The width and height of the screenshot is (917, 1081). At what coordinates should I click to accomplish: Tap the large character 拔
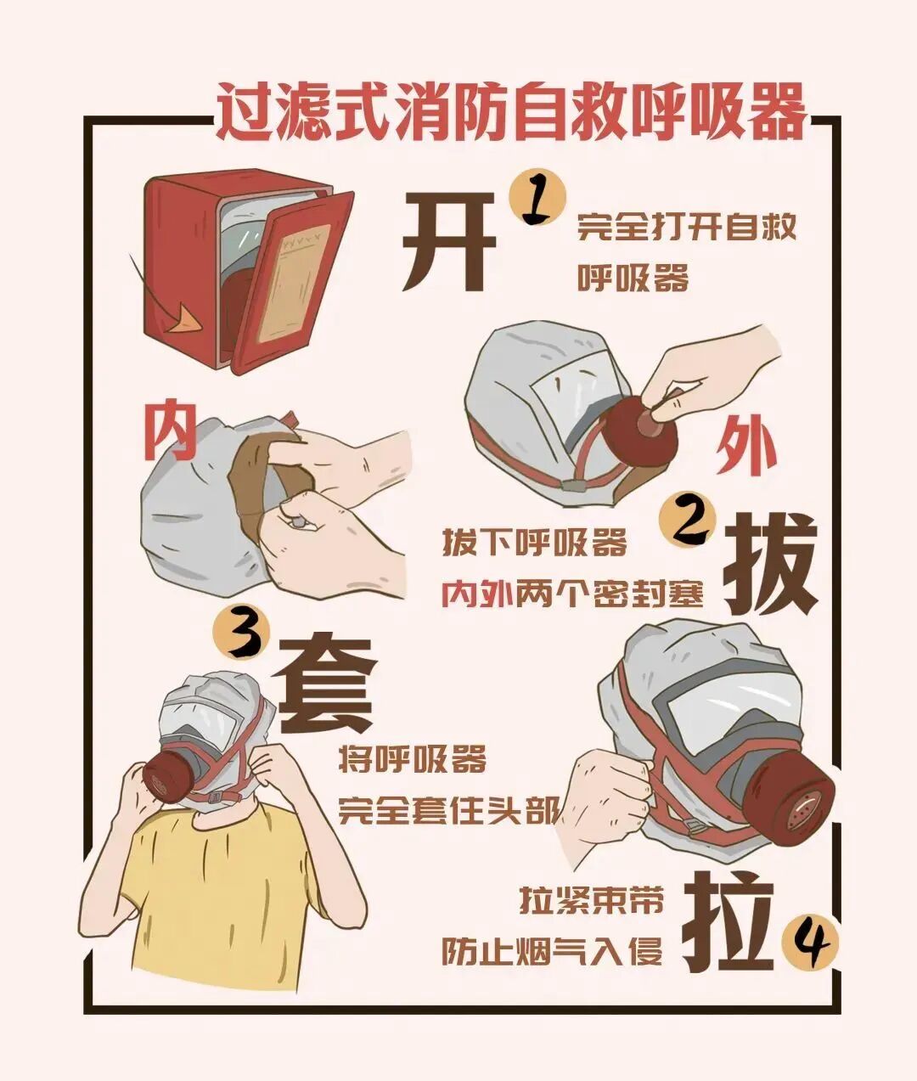point(768,564)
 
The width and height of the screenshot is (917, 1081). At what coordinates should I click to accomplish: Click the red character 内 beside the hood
point(170,431)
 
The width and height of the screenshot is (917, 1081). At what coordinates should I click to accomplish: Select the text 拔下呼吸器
point(534,543)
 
